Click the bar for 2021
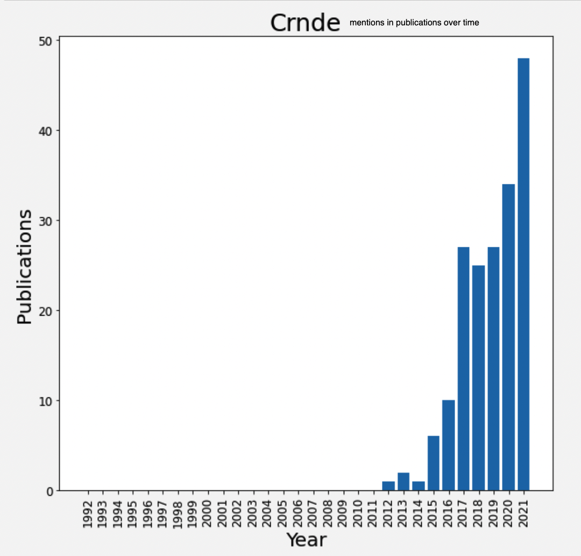coord(523,274)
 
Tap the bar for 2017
coord(463,369)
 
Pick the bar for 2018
coord(478,377)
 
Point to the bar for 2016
coord(448,445)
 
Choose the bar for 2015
coord(433,463)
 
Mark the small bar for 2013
coord(403,481)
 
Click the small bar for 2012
coord(388,486)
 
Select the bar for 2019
coord(493,369)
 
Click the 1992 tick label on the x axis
coord(88,515)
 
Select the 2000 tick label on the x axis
coord(208,515)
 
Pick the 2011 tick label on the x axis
coord(373,515)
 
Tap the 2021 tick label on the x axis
coord(523,515)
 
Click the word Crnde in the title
coord(305,23)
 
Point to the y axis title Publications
coord(24,267)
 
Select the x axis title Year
coord(306,539)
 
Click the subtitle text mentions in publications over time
coord(414,23)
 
